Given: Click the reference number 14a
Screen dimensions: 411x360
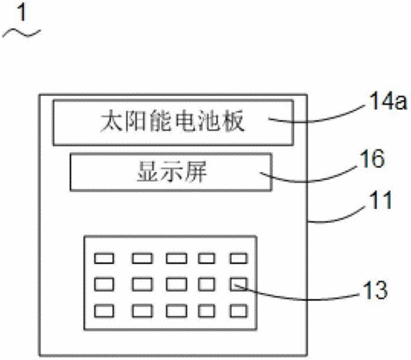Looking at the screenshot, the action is click(x=388, y=102).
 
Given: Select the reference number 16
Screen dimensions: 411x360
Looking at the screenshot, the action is click(x=372, y=158).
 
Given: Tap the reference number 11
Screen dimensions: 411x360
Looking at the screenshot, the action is click(x=381, y=200).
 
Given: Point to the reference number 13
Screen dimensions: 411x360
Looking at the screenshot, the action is click(x=375, y=290).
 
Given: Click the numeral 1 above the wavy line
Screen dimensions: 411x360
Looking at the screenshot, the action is click(x=22, y=13).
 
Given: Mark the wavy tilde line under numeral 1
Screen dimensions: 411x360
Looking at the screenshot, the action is click(x=22, y=34).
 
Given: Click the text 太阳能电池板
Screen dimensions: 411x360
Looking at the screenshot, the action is click(x=173, y=122).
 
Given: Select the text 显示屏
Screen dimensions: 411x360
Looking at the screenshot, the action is click(x=172, y=172).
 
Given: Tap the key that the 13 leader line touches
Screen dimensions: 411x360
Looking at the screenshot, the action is click(x=238, y=284).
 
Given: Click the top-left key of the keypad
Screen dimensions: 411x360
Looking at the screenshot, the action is click(x=104, y=258).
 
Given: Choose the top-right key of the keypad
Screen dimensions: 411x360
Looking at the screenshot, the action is click(x=238, y=258).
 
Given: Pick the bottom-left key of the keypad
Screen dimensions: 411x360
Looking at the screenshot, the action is click(x=104, y=311).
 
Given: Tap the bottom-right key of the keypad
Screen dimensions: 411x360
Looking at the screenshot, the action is click(x=238, y=311).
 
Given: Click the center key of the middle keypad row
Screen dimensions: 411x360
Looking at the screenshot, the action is click(x=176, y=284).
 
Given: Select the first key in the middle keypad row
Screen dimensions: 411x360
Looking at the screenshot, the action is click(x=104, y=284).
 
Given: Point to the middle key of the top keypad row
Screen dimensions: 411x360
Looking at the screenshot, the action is click(x=176, y=258).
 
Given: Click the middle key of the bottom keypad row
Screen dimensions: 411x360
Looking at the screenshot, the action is click(x=176, y=311).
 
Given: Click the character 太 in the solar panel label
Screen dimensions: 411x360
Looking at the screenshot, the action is click(x=111, y=122).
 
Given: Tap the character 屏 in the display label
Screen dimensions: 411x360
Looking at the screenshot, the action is click(x=196, y=172).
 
